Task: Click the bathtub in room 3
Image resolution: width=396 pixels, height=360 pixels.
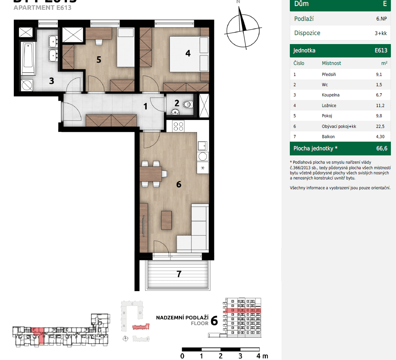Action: pos(28,59)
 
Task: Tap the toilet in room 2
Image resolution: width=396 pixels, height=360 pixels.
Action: pos(189,105)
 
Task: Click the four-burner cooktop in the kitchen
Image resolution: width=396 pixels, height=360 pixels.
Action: pos(179,126)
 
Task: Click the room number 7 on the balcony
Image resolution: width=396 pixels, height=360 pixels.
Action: pos(179,274)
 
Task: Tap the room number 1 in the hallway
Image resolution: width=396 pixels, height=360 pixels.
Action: pos(145,106)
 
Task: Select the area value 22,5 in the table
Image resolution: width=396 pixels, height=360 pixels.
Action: pos(380,126)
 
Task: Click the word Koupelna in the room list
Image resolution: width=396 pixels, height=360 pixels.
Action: pos(330,95)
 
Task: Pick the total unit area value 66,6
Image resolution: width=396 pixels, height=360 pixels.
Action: pos(381,148)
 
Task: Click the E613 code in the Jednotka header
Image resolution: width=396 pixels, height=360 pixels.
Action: pos(381,50)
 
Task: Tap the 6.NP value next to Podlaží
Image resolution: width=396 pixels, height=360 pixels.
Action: pos(381,19)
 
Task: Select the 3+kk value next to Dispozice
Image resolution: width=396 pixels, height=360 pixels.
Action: pos(381,33)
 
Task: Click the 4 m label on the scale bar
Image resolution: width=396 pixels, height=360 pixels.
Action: pos(261,356)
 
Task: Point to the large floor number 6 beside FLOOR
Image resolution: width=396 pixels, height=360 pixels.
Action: pos(214,321)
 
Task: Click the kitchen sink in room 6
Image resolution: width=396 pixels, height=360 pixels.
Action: pos(203,146)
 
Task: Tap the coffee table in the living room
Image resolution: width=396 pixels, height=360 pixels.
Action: pos(167,220)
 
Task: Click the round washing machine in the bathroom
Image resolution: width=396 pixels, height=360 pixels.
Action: pos(28,85)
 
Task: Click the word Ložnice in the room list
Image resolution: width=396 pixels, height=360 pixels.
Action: pos(329,105)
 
